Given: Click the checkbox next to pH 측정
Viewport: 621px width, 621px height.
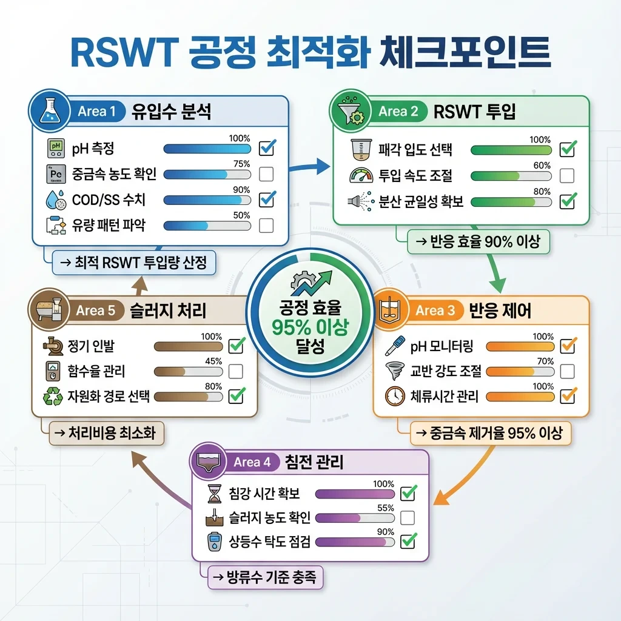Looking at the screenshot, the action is click(x=267, y=148).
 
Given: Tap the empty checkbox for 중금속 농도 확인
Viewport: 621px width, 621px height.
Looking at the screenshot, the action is click(x=266, y=174).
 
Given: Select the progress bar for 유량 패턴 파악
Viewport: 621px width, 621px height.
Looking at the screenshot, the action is click(x=207, y=226).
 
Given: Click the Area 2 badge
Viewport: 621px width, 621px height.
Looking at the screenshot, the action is click(x=397, y=111).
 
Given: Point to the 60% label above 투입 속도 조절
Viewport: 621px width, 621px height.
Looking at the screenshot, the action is click(x=542, y=166).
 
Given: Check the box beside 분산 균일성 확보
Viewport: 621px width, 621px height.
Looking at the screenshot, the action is click(x=568, y=201).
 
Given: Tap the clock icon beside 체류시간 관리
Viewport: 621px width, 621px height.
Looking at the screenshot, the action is click(x=395, y=396).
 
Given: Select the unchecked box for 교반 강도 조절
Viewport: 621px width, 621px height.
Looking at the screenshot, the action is click(x=568, y=371).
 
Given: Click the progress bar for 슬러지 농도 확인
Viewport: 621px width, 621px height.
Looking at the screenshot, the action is click(x=355, y=518).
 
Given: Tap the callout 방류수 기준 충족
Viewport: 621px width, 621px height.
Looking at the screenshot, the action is click(x=265, y=577).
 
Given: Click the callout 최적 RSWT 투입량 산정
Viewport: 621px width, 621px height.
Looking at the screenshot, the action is click(x=133, y=263).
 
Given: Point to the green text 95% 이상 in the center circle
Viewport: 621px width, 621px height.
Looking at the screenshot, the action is click(x=310, y=327).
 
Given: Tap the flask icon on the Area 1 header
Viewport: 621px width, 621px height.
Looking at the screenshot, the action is click(x=48, y=110).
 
